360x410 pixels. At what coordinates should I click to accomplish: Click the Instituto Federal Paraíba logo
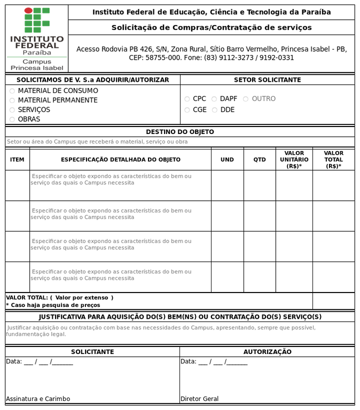coord(37,38)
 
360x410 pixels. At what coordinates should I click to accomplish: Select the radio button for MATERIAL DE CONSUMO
coord(12,91)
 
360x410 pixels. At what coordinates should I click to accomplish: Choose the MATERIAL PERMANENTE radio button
coord(12,100)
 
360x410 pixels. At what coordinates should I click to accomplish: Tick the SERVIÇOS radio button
coord(12,110)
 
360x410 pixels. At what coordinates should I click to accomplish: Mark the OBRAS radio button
coord(12,120)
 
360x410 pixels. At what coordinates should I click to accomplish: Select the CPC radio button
coord(187,99)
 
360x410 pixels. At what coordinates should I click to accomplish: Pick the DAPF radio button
coord(214,99)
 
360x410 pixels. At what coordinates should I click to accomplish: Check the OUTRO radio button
coord(246,99)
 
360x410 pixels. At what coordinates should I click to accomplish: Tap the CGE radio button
coord(187,110)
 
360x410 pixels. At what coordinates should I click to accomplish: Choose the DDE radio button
coord(214,110)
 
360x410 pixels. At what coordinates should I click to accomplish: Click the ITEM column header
coord(17,160)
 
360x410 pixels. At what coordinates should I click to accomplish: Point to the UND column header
coord(227,160)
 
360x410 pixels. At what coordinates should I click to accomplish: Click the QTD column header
coord(260,160)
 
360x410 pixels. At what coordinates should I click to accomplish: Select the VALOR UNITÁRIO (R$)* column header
coord(294,160)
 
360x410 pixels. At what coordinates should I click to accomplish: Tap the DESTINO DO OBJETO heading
coord(180,132)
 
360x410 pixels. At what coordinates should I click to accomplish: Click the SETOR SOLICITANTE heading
coord(267,80)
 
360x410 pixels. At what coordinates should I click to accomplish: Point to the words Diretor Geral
coord(200,399)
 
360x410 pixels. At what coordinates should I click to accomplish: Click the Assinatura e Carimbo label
coord(38,399)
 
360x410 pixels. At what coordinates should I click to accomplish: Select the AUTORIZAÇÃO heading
coord(267,352)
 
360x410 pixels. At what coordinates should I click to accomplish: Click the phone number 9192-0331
coord(277,58)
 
